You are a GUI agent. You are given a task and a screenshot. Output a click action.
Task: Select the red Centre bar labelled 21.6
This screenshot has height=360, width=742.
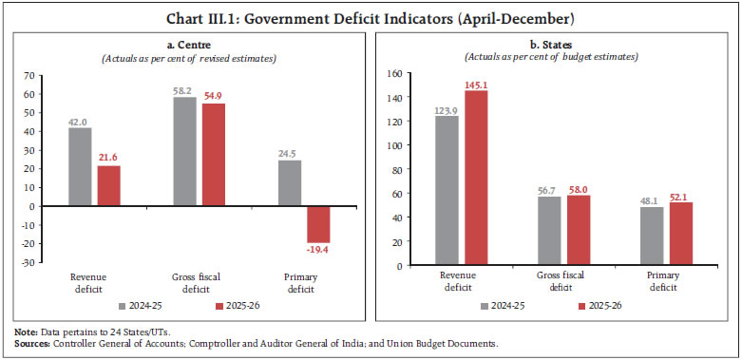point(108,185)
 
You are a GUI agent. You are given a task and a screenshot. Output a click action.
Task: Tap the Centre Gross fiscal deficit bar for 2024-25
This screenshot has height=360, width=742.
point(184,151)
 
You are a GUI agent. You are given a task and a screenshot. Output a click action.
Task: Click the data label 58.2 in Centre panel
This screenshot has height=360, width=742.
point(184,90)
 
